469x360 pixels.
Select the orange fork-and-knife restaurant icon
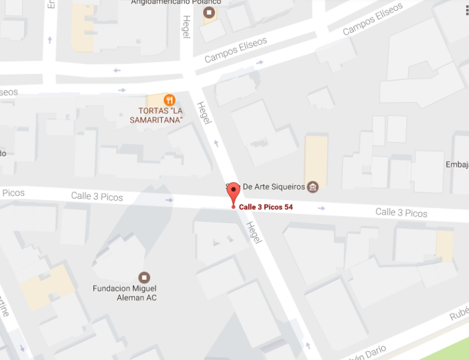pos(170,100)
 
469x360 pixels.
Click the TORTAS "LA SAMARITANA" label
pos(160,115)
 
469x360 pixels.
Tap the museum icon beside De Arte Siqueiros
pos(313,187)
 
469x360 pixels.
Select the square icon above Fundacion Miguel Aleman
pos(144,277)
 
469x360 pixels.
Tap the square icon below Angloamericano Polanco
pos(209,12)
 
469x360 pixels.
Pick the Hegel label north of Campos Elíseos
pos(186,27)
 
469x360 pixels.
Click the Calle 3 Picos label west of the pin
pos(96,195)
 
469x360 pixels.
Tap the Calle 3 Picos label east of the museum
pos(401,212)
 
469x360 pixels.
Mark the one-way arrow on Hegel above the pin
pos(216,143)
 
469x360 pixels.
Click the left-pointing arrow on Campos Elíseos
pos(117,70)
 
